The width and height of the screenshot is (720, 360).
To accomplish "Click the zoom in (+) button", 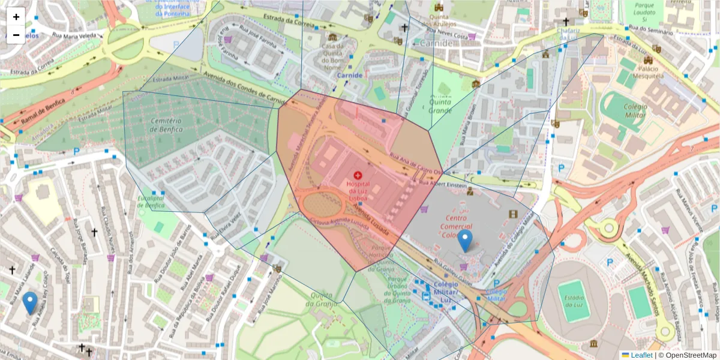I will pos(16,17).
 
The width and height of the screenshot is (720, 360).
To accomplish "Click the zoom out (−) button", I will pos(16,35).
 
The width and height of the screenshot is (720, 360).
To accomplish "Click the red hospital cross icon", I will pos(367,174).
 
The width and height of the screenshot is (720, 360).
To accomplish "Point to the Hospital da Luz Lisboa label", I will pos(366,189).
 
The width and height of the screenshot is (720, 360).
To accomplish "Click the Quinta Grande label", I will pos(440,106).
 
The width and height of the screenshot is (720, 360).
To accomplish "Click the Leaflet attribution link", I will pos(641,355).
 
